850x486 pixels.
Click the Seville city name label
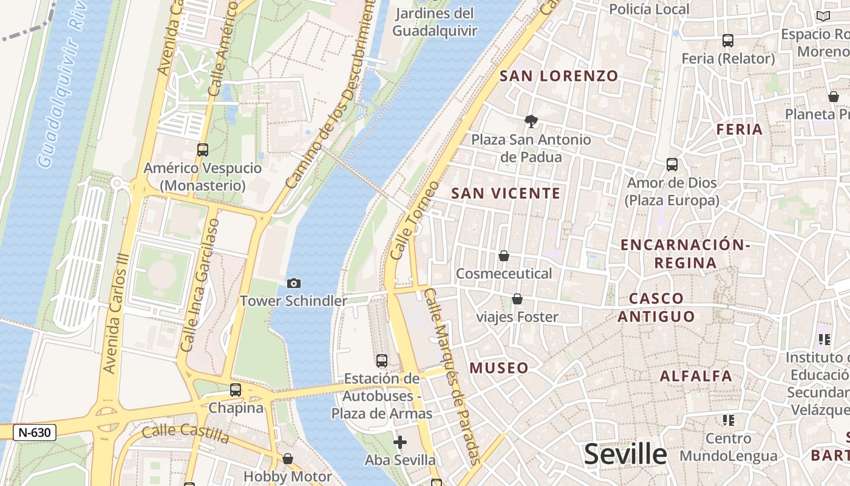tap(625, 454)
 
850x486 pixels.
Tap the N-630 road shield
tap(35, 433)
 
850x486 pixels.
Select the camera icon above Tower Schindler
tap(294, 283)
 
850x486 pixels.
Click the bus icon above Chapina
tap(236, 390)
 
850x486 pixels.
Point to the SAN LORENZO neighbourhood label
tap(559, 76)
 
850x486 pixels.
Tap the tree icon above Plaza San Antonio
tap(531, 122)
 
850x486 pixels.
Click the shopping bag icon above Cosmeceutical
tap(504, 256)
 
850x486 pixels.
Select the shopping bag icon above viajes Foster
tap(517, 299)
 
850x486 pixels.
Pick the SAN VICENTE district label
tap(506, 193)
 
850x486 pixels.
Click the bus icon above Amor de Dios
tap(672, 164)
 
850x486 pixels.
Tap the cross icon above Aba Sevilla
tap(400, 442)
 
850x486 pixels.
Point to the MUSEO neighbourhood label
tap(499, 368)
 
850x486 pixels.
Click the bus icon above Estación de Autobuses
tap(382, 360)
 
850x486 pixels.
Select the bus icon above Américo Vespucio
tap(203, 149)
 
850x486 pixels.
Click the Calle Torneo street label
tap(415, 220)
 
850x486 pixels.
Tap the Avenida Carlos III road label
tap(118, 313)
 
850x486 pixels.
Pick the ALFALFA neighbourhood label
tap(696, 375)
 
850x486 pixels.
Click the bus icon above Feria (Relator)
tap(728, 41)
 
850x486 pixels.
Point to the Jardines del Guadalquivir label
tap(435, 22)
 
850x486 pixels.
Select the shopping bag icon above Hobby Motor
tap(288, 458)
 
